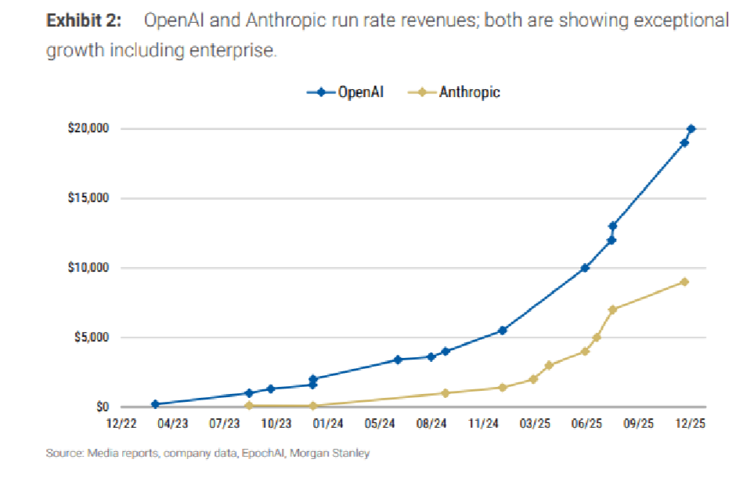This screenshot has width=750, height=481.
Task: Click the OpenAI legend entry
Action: tap(352, 92)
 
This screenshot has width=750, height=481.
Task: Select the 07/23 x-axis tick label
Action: tap(225, 424)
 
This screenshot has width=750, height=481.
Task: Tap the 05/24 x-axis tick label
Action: tap(379, 424)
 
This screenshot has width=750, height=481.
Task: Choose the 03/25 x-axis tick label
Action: tap(535, 424)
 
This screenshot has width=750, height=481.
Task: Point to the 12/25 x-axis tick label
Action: tap(690, 424)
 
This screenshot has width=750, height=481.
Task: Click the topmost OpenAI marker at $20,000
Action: tap(691, 128)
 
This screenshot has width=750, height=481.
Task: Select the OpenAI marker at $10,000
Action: tap(585, 268)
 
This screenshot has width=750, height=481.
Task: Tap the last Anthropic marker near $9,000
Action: tap(684, 282)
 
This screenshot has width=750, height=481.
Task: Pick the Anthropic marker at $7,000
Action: tap(612, 309)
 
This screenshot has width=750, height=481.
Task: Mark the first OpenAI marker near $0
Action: tap(155, 404)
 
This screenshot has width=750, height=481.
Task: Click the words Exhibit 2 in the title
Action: tap(84, 21)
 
